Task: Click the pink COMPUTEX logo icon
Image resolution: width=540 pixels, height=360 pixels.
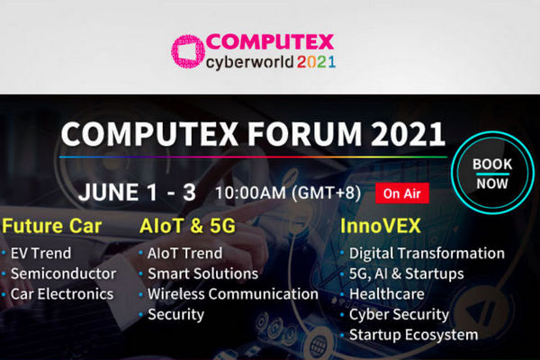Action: pos(188,51)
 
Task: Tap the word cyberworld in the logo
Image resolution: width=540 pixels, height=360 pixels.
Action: pos(249,63)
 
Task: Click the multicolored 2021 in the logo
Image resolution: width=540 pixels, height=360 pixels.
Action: pos(316,62)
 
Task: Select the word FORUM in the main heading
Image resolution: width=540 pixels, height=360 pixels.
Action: pos(304,134)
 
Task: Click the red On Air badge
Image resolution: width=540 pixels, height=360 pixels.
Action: pos(402,193)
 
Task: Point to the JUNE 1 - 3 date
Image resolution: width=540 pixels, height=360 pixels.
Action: pos(137,192)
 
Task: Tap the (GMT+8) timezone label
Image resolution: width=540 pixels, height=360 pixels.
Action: pos(326,193)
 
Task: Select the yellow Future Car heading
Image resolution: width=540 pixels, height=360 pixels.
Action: pos(51,226)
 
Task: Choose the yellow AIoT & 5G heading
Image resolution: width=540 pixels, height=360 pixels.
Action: pos(188,226)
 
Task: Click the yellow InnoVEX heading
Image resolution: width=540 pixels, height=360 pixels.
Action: pos(381,226)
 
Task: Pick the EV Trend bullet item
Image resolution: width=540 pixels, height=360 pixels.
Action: pos(40,253)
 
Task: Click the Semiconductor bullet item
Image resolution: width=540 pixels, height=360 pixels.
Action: pos(63,274)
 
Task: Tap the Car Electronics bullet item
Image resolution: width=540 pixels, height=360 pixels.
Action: pos(62,294)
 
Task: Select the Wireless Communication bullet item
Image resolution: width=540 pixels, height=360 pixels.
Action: pos(233,294)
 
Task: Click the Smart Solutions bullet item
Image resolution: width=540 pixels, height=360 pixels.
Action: pos(202,274)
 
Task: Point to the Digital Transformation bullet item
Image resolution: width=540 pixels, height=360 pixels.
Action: pos(427,253)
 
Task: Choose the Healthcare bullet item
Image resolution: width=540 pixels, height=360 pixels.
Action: pos(386,294)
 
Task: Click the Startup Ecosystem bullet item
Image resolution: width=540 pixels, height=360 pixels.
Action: pos(414,335)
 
